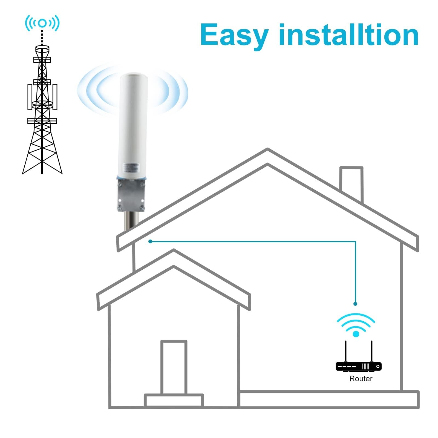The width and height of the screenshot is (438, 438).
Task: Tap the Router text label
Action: pos(361,379)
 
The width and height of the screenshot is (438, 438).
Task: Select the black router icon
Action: pos(358,366)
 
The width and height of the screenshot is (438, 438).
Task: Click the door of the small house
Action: pos(174,367)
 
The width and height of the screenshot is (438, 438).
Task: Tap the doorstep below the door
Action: pos(174,400)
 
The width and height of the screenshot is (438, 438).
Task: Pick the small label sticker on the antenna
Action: pos(131,167)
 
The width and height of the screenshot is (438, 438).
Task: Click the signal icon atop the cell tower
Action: pos(42,23)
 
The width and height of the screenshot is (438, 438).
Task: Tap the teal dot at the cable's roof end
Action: pos(150,241)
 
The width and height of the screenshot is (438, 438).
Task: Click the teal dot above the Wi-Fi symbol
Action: pos(355,304)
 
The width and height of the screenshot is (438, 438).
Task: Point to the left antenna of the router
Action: pos(346,351)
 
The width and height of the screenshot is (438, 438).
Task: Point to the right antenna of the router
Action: pos(371,351)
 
